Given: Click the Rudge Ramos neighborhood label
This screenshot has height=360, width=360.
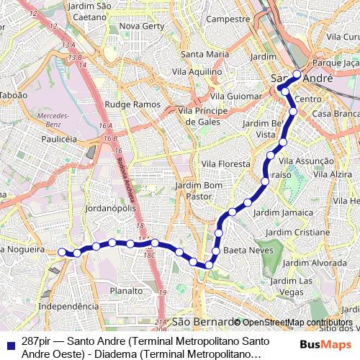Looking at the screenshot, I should [132, 104].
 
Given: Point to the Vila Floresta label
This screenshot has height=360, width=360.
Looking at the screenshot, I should [225, 164].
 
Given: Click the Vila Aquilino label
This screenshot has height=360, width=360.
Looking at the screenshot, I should [201, 72].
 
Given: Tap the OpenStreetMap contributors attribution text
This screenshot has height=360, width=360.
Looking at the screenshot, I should [297, 322].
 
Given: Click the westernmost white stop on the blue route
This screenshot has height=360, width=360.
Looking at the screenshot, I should [62, 252].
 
